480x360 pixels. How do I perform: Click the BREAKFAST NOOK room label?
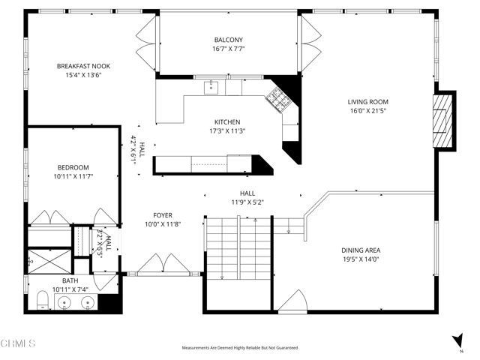tap(83, 66)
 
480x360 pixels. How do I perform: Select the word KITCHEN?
tap(227, 121)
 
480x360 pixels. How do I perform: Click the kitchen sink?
tap(212, 87)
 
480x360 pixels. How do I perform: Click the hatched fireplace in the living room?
tap(445, 122)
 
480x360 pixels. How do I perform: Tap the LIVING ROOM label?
tap(367, 101)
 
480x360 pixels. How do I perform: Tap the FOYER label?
tap(163, 214)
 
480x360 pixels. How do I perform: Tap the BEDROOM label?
tap(73, 167)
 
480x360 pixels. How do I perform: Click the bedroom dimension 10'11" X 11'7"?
tap(73, 176)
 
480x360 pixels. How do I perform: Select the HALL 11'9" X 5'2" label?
tap(247, 197)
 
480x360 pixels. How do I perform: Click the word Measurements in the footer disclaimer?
tap(200, 348)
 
